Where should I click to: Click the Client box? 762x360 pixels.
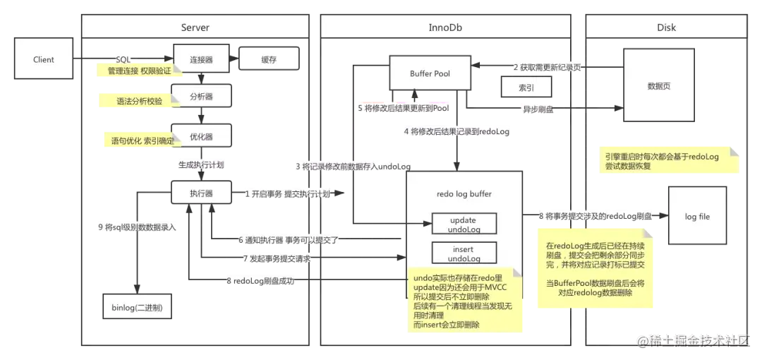pyautogui.click(x=44, y=60)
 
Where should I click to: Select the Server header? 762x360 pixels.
pyautogui.click(x=195, y=28)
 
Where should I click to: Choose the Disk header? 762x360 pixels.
pyautogui.click(x=665, y=28)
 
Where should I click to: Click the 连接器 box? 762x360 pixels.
pyautogui.click(x=201, y=60)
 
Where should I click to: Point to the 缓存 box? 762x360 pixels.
pyautogui.click(x=268, y=60)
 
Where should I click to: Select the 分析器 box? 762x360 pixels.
pyautogui.click(x=201, y=96)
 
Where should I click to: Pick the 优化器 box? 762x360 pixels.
pyautogui.click(x=201, y=136)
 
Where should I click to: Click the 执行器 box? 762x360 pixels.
pyautogui.click(x=201, y=193)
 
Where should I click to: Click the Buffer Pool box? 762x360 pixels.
pyautogui.click(x=430, y=73)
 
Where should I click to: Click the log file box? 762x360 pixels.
pyautogui.click(x=696, y=216)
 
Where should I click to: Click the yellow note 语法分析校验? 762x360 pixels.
pyautogui.click(x=138, y=101)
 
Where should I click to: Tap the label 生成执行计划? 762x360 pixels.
pyautogui.click(x=200, y=164)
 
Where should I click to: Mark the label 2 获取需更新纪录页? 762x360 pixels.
pyautogui.click(x=547, y=68)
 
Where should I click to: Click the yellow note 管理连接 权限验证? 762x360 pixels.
pyautogui.click(x=138, y=71)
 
